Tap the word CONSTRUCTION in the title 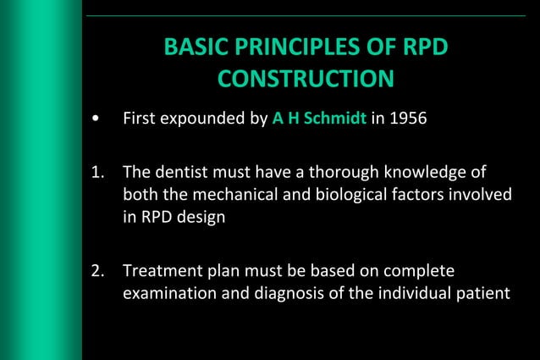(306, 79)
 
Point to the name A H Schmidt (319, 118)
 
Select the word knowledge (416, 174)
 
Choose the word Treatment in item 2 (159, 272)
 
